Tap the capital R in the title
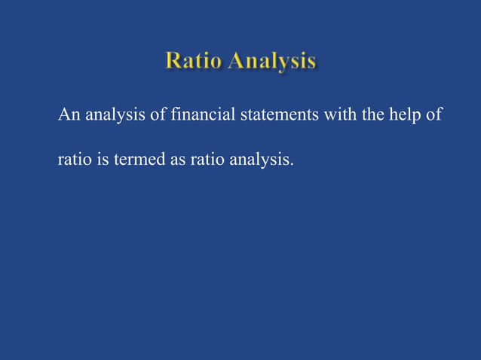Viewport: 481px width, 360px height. (174, 62)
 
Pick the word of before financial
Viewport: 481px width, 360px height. (158, 116)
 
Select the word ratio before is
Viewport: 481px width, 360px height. (75, 160)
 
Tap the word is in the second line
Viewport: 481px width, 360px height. (102, 160)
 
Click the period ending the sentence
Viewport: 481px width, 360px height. (292, 164)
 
